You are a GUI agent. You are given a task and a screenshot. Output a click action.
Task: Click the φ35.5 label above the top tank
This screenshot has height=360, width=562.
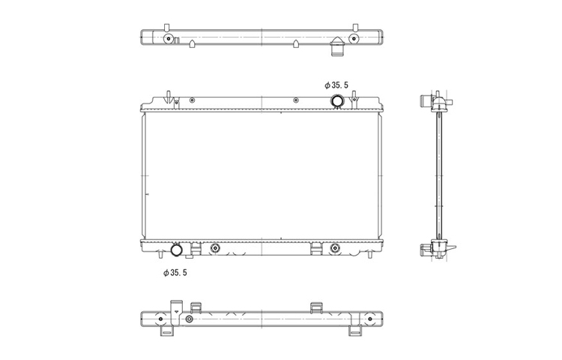click(x=336, y=85)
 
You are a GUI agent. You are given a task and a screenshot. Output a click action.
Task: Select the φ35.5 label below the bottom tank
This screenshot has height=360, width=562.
click(x=175, y=273)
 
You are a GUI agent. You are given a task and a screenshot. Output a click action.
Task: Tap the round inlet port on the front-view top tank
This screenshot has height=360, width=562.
click(x=337, y=101)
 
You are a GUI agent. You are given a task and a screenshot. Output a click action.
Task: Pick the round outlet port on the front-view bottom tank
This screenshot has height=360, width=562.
click(x=176, y=250)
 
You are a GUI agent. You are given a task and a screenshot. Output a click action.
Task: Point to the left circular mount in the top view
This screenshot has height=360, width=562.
click(x=168, y=39)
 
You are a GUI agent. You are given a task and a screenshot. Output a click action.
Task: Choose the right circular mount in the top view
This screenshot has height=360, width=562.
click(x=354, y=39)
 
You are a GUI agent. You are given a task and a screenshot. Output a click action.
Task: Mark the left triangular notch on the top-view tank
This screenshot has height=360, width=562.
click(x=192, y=43)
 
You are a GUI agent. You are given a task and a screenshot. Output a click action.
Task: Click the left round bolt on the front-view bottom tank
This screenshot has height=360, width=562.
click(x=215, y=248)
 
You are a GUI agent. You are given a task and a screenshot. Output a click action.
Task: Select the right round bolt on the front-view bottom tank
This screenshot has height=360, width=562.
click(x=335, y=248)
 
